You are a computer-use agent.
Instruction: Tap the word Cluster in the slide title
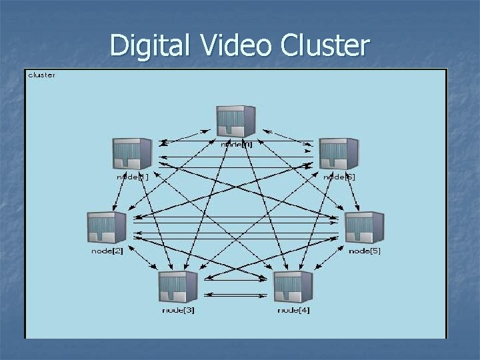pyautogui.click(x=325, y=45)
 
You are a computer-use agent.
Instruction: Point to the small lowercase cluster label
pyautogui.click(x=42, y=75)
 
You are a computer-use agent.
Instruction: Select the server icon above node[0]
pyautogui.click(x=235, y=121)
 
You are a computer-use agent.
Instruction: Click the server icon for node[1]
pyautogui.click(x=131, y=154)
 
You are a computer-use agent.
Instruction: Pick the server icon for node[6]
pyautogui.click(x=339, y=154)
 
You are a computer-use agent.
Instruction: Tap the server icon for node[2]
pyautogui.click(x=107, y=227)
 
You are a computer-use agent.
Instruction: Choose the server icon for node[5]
pyautogui.click(x=364, y=227)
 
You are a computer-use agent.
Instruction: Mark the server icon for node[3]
pyautogui.click(x=178, y=287)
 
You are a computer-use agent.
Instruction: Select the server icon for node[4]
pyautogui.click(x=293, y=287)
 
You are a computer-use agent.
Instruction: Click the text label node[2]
pyautogui.click(x=107, y=251)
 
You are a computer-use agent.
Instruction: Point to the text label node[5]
pyautogui.click(x=365, y=251)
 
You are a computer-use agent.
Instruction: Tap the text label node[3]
pyautogui.click(x=179, y=311)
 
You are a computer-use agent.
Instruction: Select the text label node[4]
pyautogui.click(x=293, y=311)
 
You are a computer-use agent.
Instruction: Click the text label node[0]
pyautogui.click(x=237, y=144)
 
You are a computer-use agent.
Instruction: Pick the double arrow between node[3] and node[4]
pyautogui.click(x=235, y=295)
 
